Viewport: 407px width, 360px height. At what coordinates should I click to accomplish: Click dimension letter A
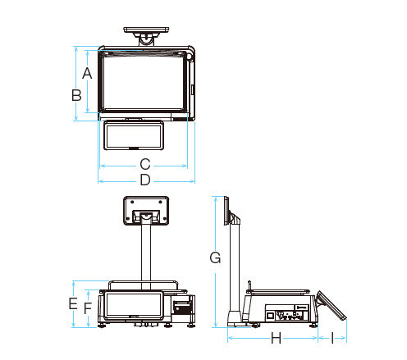pos(87,73)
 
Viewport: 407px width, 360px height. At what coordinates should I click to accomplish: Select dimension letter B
pos(76,95)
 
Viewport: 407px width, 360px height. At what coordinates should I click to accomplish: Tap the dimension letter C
pos(145,164)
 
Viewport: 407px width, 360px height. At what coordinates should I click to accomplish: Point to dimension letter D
pos(145,180)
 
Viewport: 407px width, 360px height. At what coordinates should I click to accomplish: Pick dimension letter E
pos(73,303)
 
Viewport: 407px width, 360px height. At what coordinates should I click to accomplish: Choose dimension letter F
pos(88,308)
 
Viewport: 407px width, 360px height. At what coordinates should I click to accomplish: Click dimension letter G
pos(215,257)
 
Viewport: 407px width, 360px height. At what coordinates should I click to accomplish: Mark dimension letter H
pos(276,338)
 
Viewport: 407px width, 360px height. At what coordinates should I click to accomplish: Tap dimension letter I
pos(332,338)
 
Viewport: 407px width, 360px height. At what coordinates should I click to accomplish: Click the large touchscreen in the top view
pos(144,83)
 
